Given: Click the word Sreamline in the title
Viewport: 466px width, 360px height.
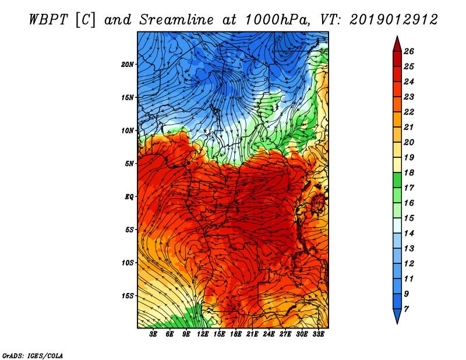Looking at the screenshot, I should click(168, 19).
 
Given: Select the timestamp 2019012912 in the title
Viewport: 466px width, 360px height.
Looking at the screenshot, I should click(393, 19).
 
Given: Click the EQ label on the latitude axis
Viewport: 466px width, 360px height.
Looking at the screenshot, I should click(129, 196).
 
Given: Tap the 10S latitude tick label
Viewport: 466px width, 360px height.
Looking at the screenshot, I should click(128, 263).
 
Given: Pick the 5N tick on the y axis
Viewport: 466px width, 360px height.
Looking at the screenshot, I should click(129, 163).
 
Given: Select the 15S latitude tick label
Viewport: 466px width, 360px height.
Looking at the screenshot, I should click(128, 295).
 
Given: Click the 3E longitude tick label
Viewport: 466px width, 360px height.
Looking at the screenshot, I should click(153, 334).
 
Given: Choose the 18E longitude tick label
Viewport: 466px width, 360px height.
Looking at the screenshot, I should click(236, 334).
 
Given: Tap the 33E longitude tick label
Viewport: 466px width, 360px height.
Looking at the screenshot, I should click(319, 334).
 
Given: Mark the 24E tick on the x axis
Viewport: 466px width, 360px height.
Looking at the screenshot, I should click(269, 334).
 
